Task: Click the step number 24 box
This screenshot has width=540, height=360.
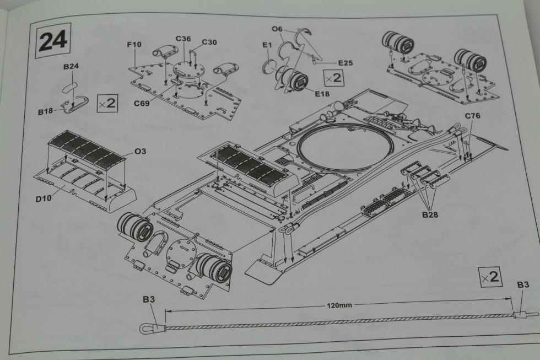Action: coord(53,40)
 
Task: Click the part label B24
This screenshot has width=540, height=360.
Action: coord(71,66)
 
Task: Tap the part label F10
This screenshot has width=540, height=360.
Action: coord(134,44)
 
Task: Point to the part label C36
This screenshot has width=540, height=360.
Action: coord(183,39)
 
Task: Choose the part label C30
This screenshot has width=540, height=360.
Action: coord(209,42)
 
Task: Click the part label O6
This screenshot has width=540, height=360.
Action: coord(277,29)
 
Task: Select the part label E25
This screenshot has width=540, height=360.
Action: coord(345,63)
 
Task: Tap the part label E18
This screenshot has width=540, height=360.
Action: coord(322,94)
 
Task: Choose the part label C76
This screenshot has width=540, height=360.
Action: coord(473,116)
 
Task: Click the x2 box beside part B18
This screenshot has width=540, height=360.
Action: coord(106,103)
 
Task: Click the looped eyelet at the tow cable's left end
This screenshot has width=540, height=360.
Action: coord(144,329)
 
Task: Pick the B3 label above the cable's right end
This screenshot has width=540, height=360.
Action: coord(523,285)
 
